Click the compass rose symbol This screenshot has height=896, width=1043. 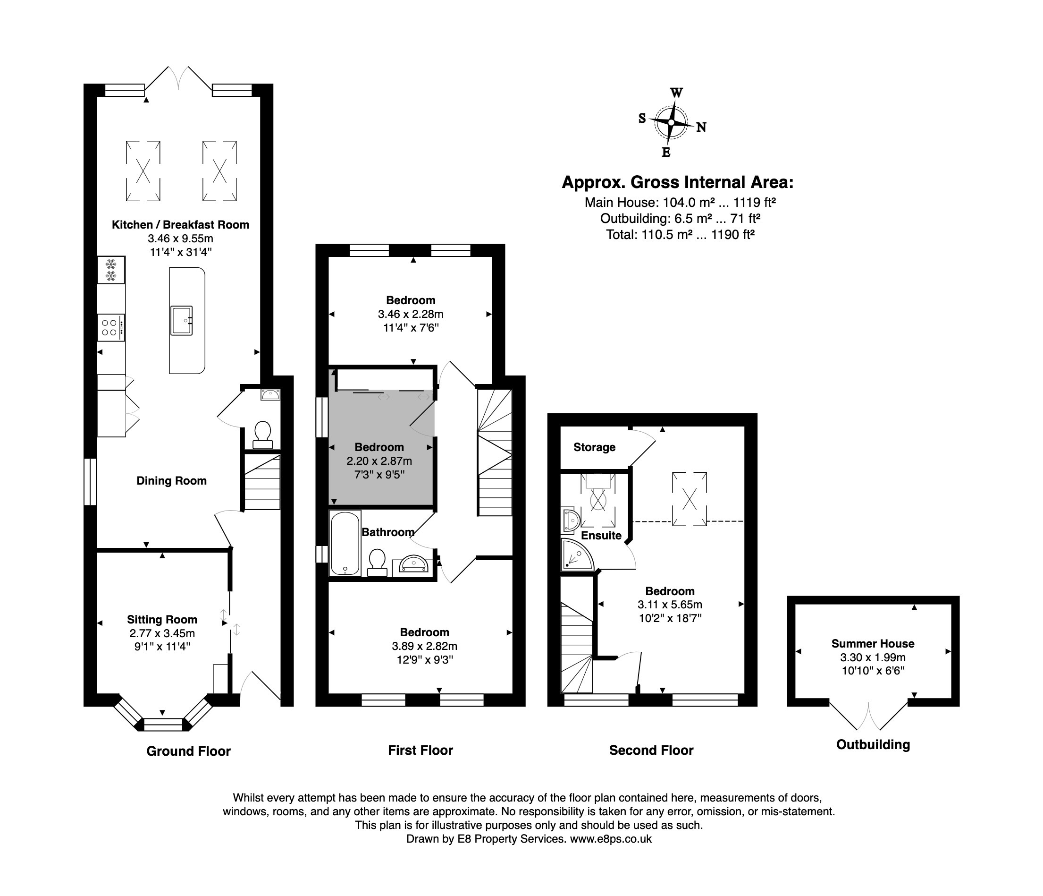pyautogui.click(x=671, y=122)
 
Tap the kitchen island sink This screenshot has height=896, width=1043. pyautogui.click(x=181, y=320)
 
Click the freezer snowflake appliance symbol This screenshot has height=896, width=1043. pyautogui.click(x=111, y=270)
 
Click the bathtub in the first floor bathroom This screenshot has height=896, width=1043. pyautogui.click(x=345, y=544)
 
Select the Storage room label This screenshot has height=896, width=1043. pyautogui.click(x=594, y=447)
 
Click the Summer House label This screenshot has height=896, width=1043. pyautogui.click(x=872, y=643)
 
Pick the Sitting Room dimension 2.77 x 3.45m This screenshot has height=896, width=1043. pyautogui.click(x=161, y=633)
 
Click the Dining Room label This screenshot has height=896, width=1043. pyautogui.click(x=171, y=480)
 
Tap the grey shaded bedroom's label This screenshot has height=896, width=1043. pyautogui.click(x=379, y=447)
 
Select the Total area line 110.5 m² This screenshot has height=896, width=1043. pyautogui.click(x=680, y=234)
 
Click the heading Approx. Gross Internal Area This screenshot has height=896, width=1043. pyautogui.click(x=677, y=182)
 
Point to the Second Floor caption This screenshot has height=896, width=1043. pyautogui.click(x=651, y=750)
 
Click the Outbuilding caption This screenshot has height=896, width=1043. pyautogui.click(x=873, y=744)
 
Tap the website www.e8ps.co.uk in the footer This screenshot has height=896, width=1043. pyautogui.click(x=611, y=838)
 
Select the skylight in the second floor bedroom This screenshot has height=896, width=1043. pyautogui.click(x=689, y=499)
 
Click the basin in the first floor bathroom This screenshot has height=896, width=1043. pyautogui.click(x=413, y=564)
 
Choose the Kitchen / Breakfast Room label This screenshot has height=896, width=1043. pyautogui.click(x=180, y=225)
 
